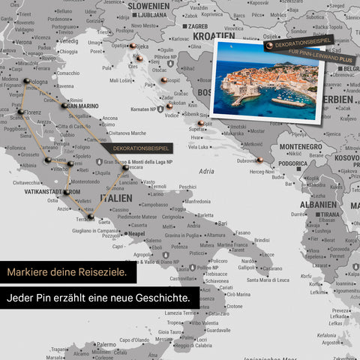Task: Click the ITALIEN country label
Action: [x=115, y=197]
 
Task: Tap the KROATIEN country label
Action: [x=214, y=34]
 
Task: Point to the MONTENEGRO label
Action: [x=300, y=147]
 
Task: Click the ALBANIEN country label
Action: [x=318, y=204]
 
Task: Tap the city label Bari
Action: [x=222, y=223]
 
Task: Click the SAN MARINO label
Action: [x=83, y=106]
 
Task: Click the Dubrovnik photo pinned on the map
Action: [x=268, y=80]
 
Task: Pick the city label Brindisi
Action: [x=262, y=240]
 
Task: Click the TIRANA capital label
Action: [x=329, y=214]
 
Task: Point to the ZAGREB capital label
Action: [x=198, y=25]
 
